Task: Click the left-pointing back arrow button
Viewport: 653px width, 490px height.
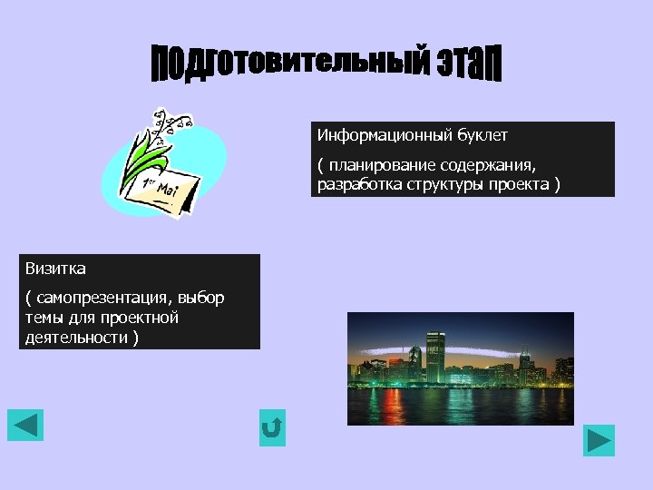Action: [25, 425]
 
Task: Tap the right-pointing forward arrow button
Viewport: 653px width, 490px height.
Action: [599, 441]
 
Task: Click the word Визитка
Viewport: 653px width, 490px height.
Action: [55, 269]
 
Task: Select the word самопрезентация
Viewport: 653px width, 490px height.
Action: [101, 298]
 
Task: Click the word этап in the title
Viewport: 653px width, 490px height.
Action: [467, 64]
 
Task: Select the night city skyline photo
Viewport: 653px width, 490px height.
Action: [460, 368]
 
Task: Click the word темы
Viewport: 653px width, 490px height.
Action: [44, 318]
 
